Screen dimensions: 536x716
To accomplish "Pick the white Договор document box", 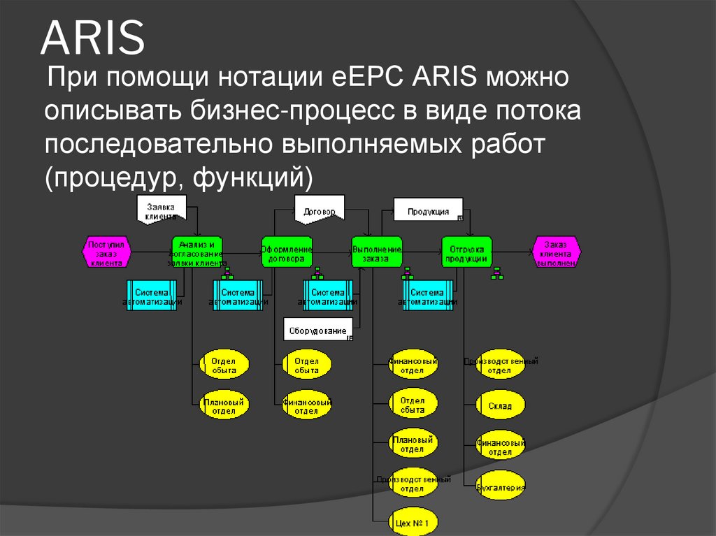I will (x=320, y=211).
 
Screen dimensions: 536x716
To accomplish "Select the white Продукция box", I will (x=427, y=210).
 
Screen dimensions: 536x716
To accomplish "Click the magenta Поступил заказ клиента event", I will (x=106, y=253).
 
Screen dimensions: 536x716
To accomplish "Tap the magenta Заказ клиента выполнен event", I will (x=555, y=253).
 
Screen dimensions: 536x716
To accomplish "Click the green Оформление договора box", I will (x=287, y=253).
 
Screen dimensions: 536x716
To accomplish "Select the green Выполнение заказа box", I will (x=377, y=253).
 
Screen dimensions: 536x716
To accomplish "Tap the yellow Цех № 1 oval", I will (x=413, y=522).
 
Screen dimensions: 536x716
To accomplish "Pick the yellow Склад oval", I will (x=501, y=405).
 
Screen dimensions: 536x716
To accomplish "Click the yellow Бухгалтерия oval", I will (x=501, y=486).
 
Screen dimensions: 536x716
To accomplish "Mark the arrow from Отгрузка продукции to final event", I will (x=512, y=252).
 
